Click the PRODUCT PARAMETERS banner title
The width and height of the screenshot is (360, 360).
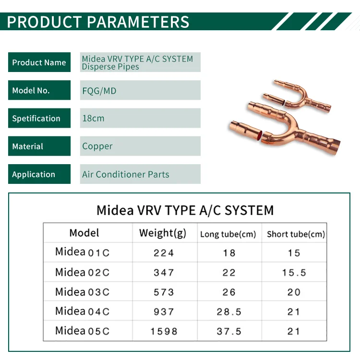point(98,22)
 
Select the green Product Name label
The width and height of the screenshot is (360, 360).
point(39,62)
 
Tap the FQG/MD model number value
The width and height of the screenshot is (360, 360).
point(99,91)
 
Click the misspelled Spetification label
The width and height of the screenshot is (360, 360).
point(39,118)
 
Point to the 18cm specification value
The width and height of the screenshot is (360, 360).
point(93,119)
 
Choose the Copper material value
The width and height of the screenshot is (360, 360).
point(97,146)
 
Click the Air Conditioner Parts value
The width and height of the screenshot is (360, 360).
point(126,175)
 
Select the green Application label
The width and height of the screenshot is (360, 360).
point(39,174)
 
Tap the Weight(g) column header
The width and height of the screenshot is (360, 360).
point(163,233)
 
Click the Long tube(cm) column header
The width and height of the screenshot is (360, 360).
point(228,234)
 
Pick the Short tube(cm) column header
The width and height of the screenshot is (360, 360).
point(296,234)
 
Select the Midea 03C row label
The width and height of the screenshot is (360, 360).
point(82,292)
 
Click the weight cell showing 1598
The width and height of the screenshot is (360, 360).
point(164,331)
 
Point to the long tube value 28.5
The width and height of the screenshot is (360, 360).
point(229,312)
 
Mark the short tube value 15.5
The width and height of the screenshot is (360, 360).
point(294,273)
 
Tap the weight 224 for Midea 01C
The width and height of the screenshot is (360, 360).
point(164,253)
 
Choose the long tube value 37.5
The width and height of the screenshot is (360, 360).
point(229,331)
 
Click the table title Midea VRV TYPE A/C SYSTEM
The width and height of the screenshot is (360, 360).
point(185,210)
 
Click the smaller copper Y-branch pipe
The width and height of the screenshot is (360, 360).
point(299,96)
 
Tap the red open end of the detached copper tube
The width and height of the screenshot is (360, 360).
point(260,136)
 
